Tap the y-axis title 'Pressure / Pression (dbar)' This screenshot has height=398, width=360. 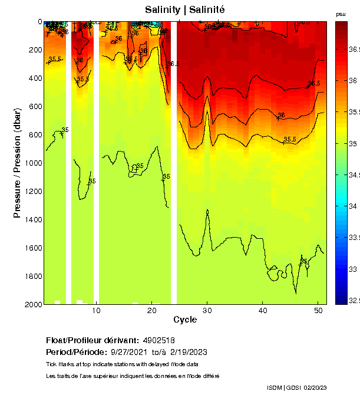click(17, 163)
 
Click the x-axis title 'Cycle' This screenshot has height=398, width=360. click(185, 320)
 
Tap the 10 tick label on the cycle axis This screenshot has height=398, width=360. click(97, 310)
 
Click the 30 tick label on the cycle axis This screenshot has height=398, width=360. click(207, 310)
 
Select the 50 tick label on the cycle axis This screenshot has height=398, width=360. click(318, 310)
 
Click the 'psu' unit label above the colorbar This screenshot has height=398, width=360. click(340, 14)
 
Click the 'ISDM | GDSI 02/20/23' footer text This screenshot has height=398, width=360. click(296, 387)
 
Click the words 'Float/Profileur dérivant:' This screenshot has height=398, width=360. click(91, 341)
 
